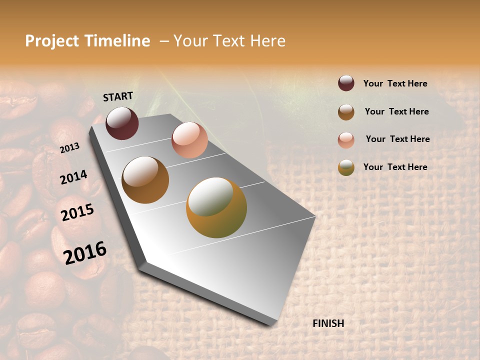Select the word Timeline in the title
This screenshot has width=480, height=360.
point(118,41)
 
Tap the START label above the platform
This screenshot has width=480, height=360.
point(118,96)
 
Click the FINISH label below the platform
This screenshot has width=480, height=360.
point(328,323)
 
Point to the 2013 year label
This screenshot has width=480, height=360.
point(70,148)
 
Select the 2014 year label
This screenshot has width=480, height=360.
point(74,177)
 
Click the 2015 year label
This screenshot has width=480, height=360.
point(77,212)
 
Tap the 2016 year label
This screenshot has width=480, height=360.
point(85,253)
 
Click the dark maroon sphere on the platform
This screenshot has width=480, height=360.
point(122,123)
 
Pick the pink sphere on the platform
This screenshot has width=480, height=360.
point(189,140)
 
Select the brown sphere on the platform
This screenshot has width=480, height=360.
point(145,180)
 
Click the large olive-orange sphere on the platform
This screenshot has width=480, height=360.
point(216,207)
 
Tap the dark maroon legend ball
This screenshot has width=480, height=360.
point(346,83)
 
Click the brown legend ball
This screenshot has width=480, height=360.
point(346,112)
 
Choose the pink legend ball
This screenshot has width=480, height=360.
point(346,140)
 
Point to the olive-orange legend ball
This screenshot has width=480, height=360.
point(346,167)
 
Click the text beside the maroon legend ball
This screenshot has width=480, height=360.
point(395,84)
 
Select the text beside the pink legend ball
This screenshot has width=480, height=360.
point(397,139)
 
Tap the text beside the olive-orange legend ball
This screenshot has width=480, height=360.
point(395,167)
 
